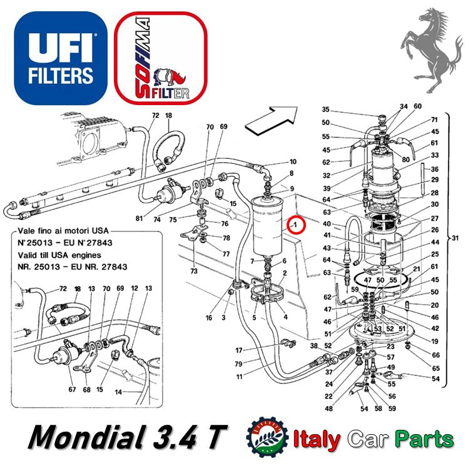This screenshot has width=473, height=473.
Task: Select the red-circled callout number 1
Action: click(x=295, y=224)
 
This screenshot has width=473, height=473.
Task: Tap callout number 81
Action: click(x=139, y=218)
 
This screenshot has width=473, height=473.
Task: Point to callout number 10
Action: click(x=293, y=162)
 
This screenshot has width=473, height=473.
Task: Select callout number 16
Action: click(x=209, y=318)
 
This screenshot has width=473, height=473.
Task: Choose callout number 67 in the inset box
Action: click(x=72, y=390)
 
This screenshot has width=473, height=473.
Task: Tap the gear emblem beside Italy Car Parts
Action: click(x=268, y=437)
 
